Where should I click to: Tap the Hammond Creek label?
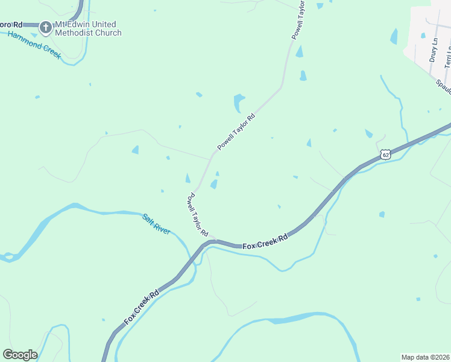34,44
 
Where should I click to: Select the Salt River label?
156,223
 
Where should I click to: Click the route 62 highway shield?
386,155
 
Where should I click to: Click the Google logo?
20,355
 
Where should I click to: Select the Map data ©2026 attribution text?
425,357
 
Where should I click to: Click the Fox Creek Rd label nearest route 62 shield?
265,240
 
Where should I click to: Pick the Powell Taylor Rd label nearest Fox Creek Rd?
198,214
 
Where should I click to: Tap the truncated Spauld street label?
444,85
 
